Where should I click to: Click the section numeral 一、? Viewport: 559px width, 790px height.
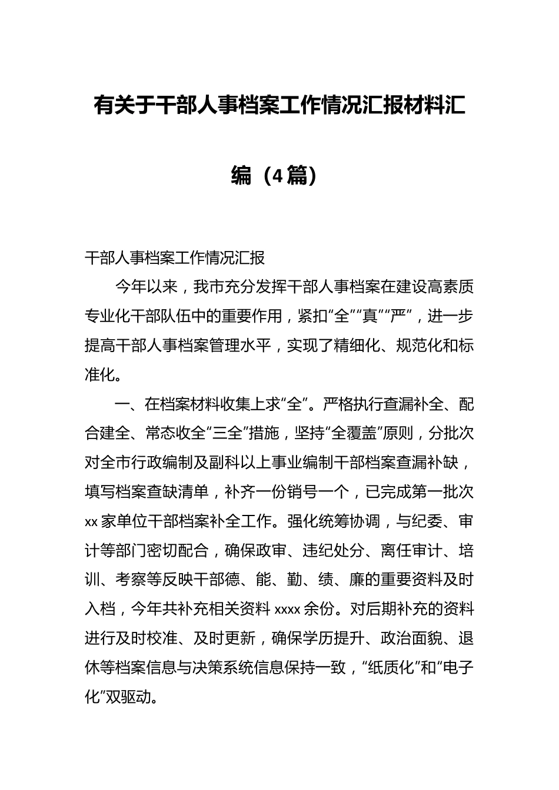coord(129,404)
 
